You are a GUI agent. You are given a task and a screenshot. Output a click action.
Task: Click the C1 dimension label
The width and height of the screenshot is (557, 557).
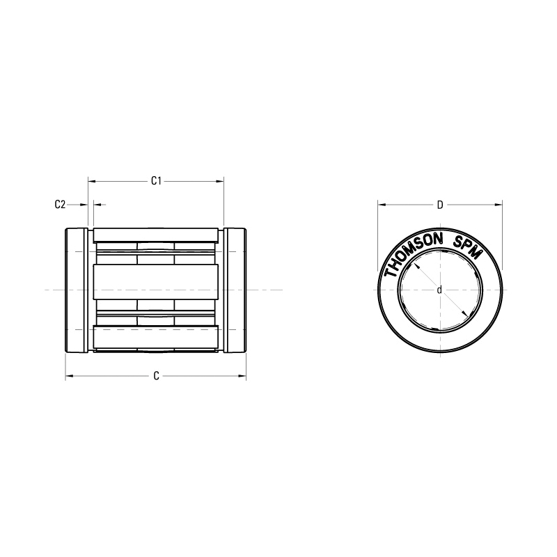pos(157,181)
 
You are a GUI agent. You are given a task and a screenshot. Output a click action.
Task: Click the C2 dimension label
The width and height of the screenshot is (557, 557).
pos(60,204)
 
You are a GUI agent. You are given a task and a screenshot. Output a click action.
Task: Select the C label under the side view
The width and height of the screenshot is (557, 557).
pos(157,376)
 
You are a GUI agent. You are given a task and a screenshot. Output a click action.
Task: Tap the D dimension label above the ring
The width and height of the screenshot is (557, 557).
pos(440,205)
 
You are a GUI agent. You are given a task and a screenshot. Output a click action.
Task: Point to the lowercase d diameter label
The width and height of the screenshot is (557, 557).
pos(439,290)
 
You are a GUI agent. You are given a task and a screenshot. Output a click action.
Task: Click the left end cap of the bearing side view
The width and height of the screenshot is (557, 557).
pos(76,290)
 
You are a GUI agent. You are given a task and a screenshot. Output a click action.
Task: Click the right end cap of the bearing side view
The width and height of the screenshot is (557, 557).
pos(235,290)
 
